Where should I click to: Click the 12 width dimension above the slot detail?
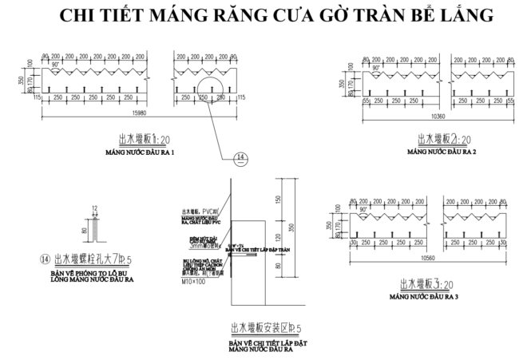pos(93,209)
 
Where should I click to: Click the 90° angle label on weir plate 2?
pos(374,67)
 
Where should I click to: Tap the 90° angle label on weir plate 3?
pos(364,211)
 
